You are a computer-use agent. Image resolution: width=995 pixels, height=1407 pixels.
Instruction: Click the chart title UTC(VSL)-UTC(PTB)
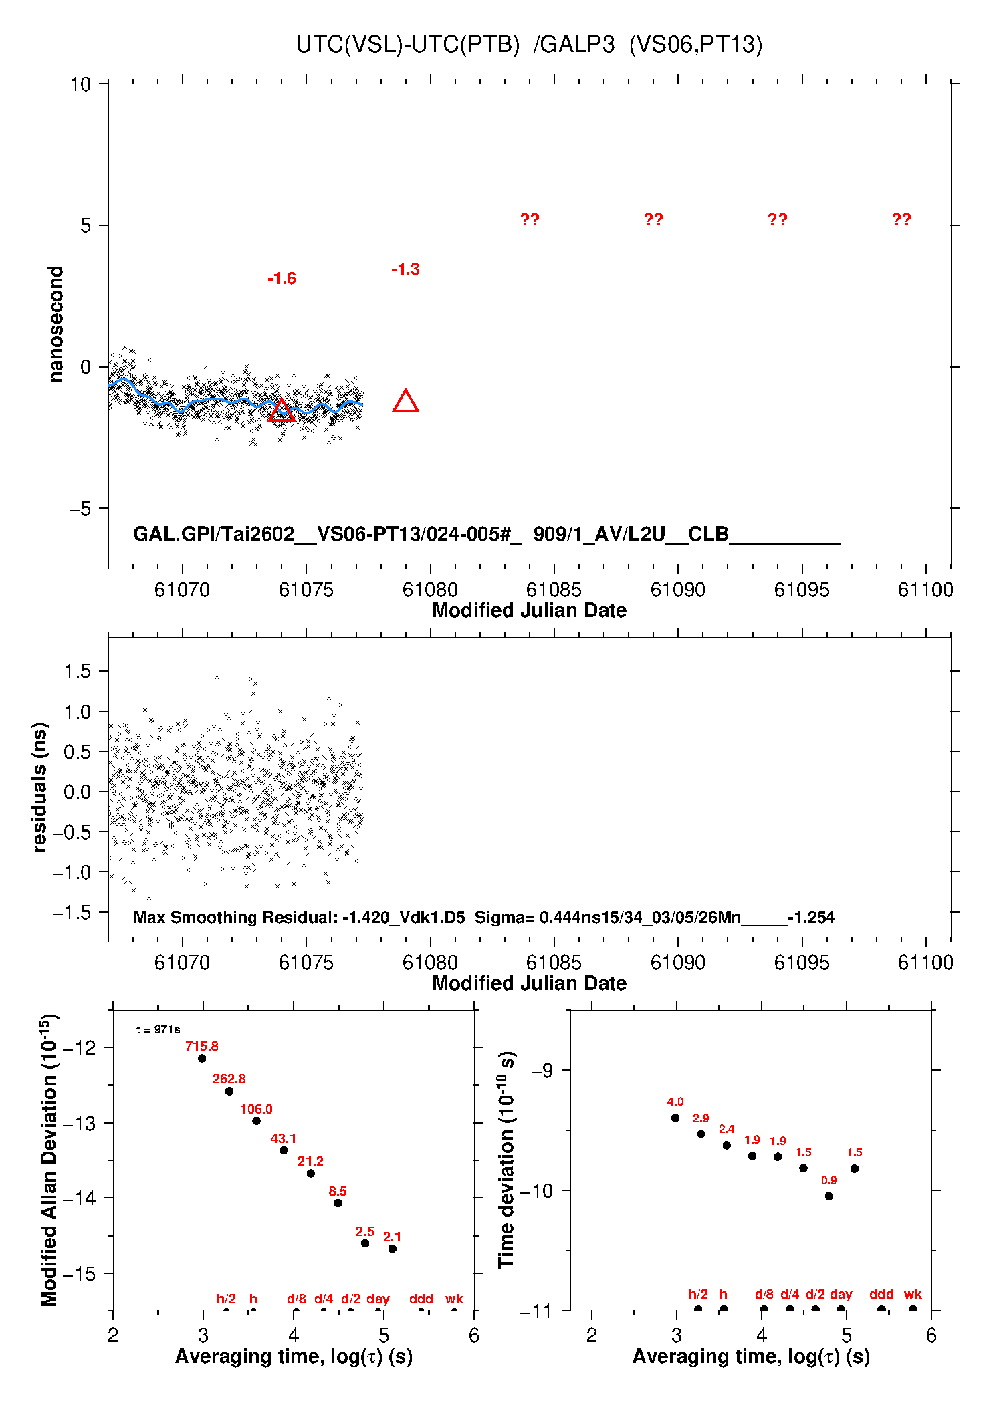pyautogui.click(x=408, y=45)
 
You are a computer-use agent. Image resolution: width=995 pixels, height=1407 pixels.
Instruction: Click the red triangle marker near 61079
pyautogui.click(x=406, y=402)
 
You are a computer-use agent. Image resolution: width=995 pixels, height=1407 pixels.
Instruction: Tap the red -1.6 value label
pyautogui.click(x=282, y=279)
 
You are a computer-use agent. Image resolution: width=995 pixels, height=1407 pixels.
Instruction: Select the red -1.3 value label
pyautogui.click(x=405, y=269)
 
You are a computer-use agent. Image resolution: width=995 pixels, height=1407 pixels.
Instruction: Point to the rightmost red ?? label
pyautogui.click(x=901, y=219)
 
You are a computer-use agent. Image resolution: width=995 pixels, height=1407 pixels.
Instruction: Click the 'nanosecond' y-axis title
pyautogui.click(x=56, y=324)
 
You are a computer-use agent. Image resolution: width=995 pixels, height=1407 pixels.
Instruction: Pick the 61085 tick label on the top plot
pyautogui.click(x=554, y=590)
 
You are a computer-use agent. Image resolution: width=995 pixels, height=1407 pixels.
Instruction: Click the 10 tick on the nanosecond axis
pyautogui.click(x=80, y=84)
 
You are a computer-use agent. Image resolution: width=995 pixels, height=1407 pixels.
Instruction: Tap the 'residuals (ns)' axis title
pyautogui.click(x=40, y=787)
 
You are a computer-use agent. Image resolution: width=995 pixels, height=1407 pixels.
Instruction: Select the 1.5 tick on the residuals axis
pyautogui.click(x=78, y=671)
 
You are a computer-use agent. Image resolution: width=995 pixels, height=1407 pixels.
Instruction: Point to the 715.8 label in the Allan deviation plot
pyautogui.click(x=202, y=1046)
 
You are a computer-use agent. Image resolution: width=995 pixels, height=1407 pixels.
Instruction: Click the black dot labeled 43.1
pyautogui.click(x=284, y=1150)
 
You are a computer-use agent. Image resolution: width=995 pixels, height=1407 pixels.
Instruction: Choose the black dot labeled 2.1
pyautogui.click(x=393, y=1249)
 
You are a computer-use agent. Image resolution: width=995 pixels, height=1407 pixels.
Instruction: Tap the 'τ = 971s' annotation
pyautogui.click(x=158, y=1030)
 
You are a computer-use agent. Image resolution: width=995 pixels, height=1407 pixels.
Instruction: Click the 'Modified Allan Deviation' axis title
pyautogui.click(x=49, y=1160)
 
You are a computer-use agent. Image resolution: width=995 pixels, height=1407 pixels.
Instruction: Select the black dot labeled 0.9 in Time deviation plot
pyautogui.click(x=829, y=1196)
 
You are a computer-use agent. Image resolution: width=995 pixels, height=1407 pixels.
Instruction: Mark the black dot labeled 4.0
pyautogui.click(x=675, y=1118)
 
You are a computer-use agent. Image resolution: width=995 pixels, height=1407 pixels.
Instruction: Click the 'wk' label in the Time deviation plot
pyautogui.click(x=913, y=1294)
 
